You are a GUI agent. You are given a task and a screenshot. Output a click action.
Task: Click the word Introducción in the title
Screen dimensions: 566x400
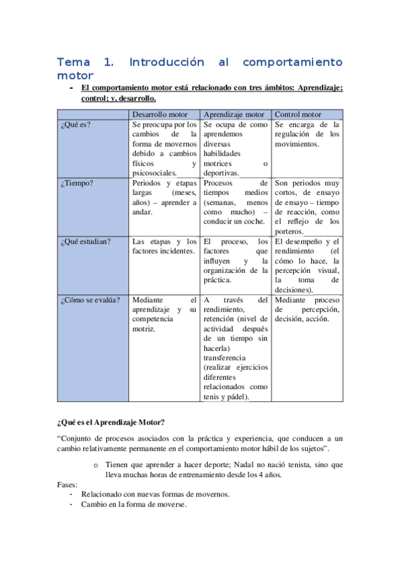point(166,62)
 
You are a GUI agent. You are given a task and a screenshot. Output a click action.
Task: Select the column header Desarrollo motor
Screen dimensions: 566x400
point(164,114)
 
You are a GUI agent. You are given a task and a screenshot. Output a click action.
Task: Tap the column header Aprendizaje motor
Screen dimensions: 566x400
point(236,114)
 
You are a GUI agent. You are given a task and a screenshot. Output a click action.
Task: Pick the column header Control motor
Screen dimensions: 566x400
point(298,114)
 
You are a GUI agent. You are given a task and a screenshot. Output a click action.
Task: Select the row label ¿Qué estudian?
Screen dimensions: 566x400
point(85,241)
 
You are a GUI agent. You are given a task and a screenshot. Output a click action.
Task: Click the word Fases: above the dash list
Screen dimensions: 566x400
point(67,485)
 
